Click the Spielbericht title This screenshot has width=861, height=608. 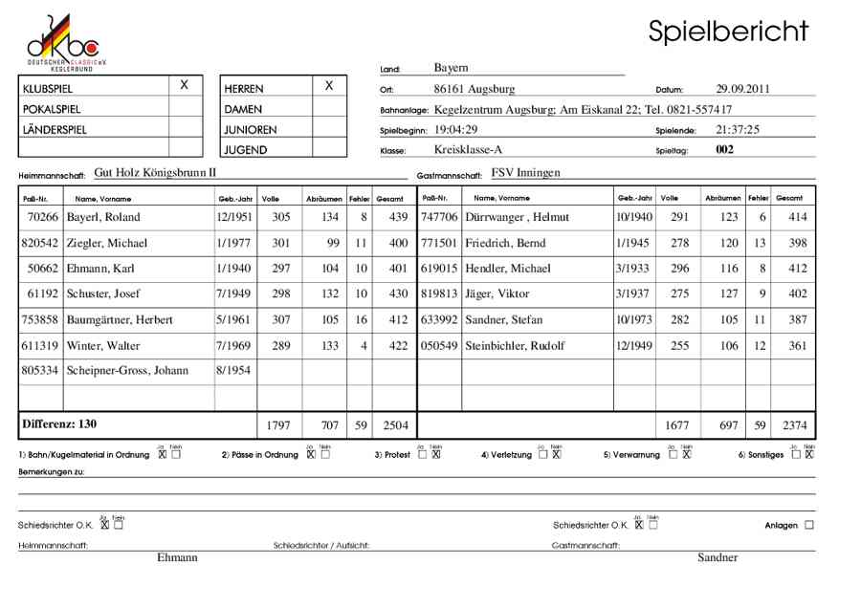pyautogui.click(x=728, y=31)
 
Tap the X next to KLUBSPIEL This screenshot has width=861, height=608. pyautogui.click(x=185, y=86)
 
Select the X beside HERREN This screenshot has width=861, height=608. pyautogui.click(x=329, y=86)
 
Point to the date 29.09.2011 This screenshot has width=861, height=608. pyautogui.click(x=743, y=89)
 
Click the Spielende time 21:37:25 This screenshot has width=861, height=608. pyautogui.click(x=738, y=129)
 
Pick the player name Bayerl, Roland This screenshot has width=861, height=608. pyautogui.click(x=103, y=218)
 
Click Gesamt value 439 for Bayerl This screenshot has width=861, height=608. pyautogui.click(x=392, y=218)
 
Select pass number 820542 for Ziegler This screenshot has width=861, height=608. pyautogui.click(x=39, y=244)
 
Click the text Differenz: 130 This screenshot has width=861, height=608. pyautogui.click(x=58, y=423)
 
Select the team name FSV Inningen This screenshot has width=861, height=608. pyautogui.click(x=525, y=173)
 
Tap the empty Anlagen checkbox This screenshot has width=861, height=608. pyautogui.click(x=809, y=525)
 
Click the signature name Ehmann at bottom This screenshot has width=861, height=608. pyautogui.click(x=177, y=557)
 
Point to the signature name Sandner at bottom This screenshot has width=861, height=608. pyautogui.click(x=717, y=557)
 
